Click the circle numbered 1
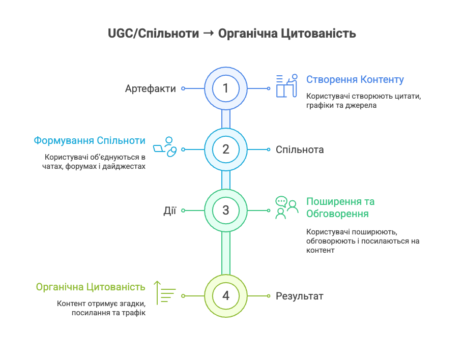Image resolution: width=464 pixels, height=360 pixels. coord(226,88)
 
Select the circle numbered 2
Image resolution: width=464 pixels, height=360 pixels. coord(226,149)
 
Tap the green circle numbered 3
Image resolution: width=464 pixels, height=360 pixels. coord(226,211)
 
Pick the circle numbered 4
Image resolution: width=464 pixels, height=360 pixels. coord(226,296)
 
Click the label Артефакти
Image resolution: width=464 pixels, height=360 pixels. coord(150,88)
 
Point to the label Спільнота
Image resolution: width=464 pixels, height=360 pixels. coord(300,149)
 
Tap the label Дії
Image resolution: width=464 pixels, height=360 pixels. coord(169,211)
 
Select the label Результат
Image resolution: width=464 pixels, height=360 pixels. coord(300,296)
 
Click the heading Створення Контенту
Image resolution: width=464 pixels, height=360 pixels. coord(355,79)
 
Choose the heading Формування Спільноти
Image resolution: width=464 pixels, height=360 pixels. coord(90,140)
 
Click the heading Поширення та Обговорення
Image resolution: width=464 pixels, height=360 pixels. coord(340,207)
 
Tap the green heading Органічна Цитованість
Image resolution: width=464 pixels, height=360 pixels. coord(91,287)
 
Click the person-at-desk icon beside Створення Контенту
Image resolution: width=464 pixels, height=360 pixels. coord(287,86)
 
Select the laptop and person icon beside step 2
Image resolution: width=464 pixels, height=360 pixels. coord(165,147)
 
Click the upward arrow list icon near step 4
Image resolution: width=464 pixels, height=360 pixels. coord(164,293)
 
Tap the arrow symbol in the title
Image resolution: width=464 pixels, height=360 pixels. coord(209,33)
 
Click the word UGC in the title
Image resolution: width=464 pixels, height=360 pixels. coord(121,34)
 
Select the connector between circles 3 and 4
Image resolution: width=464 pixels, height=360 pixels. coord(226,253)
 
